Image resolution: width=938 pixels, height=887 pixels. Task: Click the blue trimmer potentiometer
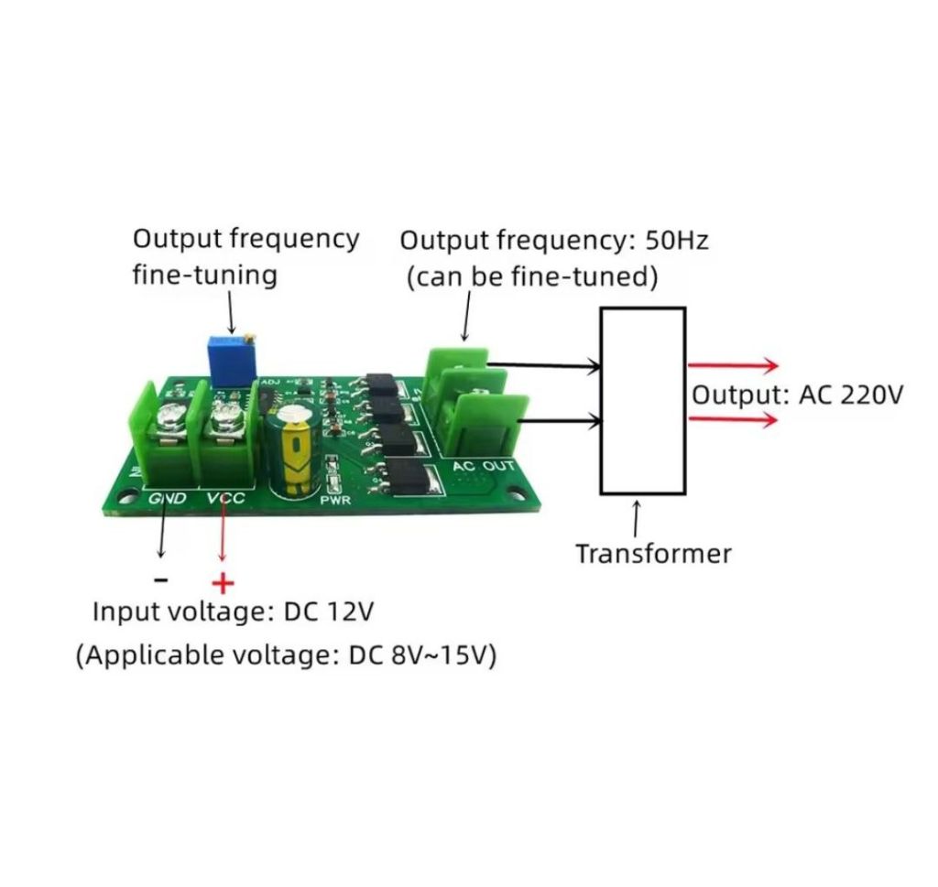coord(232,361)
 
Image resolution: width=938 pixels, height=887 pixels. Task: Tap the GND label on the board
coord(168,498)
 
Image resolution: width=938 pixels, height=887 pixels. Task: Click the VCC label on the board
coord(226,498)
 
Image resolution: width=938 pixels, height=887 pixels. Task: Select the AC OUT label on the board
coord(484,466)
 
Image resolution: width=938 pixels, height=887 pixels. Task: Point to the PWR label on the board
coord(335,500)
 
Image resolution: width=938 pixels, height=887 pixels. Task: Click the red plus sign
coord(224,583)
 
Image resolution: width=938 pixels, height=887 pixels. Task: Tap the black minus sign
coord(161,579)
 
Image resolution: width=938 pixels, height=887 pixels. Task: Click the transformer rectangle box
coord(601,400)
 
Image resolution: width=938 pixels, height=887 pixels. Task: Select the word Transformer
coord(653,554)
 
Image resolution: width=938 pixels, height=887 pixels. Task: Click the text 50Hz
coord(677,240)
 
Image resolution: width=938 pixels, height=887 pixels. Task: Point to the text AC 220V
coord(851,395)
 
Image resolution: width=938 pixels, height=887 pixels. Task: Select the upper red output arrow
coord(734,365)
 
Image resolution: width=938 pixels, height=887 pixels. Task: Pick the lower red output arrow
coord(734,419)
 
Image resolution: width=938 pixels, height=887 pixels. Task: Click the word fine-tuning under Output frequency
coord(204,276)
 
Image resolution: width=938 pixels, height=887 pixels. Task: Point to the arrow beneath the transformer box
coord(637,519)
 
